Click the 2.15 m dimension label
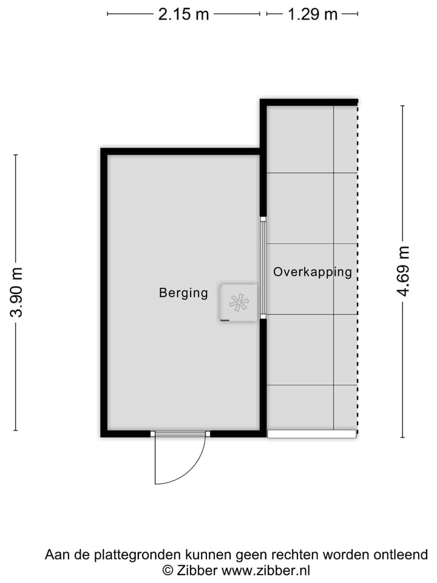point(183,14)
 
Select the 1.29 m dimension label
point(312,14)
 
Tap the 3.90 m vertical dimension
point(16,293)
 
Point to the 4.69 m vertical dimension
point(403,271)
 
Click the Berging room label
point(183,293)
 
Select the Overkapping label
point(312,272)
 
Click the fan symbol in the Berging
point(239,302)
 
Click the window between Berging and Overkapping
point(263,267)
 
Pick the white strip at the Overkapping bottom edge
point(311,434)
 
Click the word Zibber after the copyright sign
point(198,570)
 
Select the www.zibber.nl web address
point(266,570)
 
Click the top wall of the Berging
point(181,152)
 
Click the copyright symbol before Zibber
point(167,570)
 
